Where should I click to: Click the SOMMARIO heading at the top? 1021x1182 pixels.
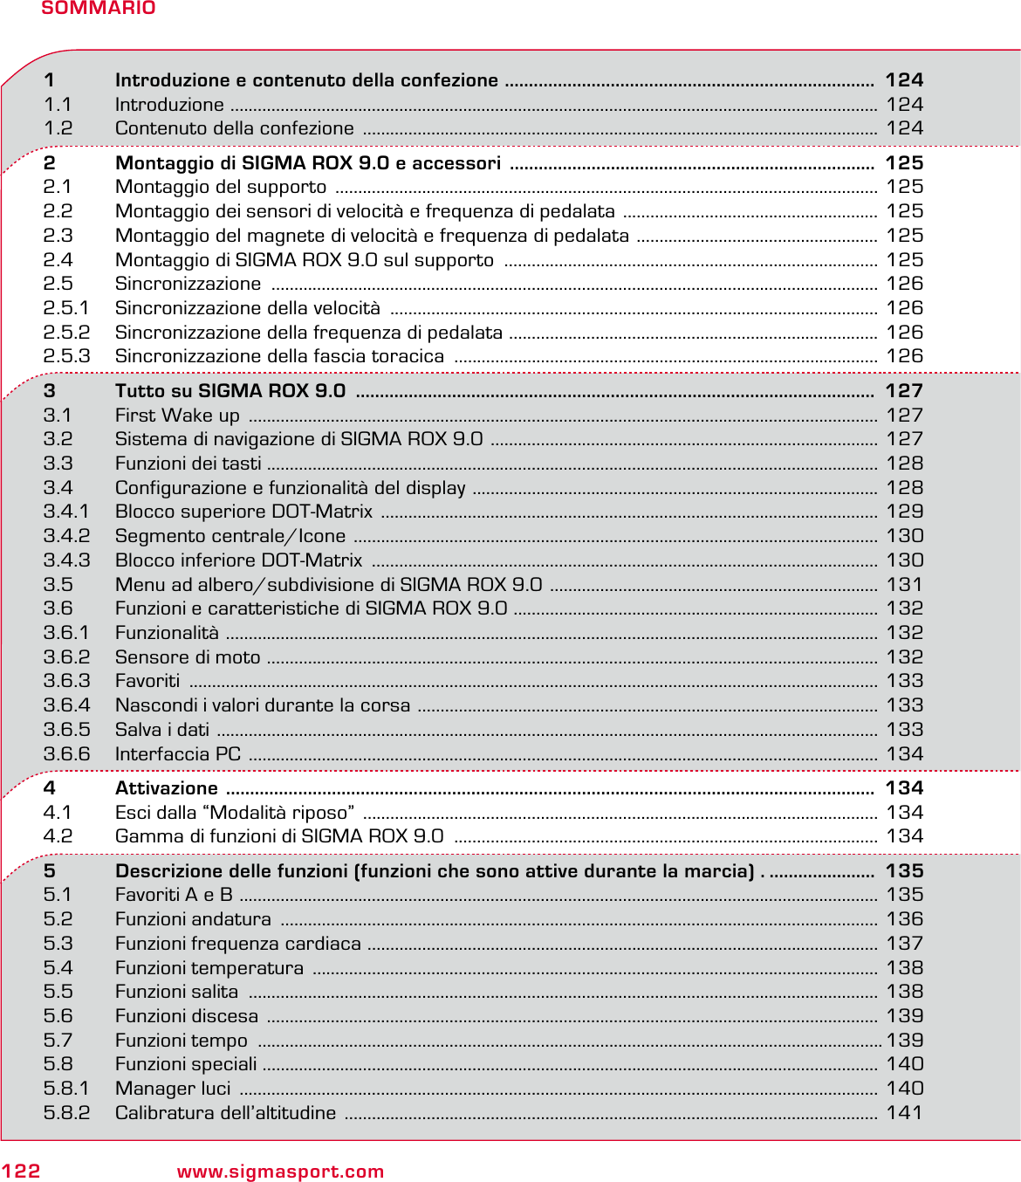click(98, 9)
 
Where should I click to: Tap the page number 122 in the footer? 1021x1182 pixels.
click(21, 1171)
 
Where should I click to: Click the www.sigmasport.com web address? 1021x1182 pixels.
click(280, 1172)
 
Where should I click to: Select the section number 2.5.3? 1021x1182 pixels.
click(66, 356)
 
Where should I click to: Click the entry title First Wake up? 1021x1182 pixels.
click(177, 416)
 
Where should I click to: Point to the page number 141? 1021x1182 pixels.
click(904, 1113)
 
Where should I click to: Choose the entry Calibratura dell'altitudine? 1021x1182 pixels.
click(225, 1113)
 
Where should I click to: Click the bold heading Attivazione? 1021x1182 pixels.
click(166, 788)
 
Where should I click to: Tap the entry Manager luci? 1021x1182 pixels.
click(173, 1089)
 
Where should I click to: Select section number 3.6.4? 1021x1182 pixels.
click(66, 705)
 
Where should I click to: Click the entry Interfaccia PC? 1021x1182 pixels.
click(178, 754)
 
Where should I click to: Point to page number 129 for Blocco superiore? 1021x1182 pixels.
click(904, 512)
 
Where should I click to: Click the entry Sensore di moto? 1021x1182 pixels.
click(188, 657)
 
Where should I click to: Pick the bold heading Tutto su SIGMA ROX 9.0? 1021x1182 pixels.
click(230, 391)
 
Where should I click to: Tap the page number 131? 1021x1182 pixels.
click(904, 585)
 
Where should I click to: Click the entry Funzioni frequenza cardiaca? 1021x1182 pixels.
click(237, 944)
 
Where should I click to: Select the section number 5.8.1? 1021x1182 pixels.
click(66, 1089)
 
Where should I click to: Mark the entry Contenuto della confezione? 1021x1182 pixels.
click(234, 128)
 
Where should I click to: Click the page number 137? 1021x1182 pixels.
click(904, 944)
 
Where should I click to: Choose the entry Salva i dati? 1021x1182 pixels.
click(162, 730)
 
